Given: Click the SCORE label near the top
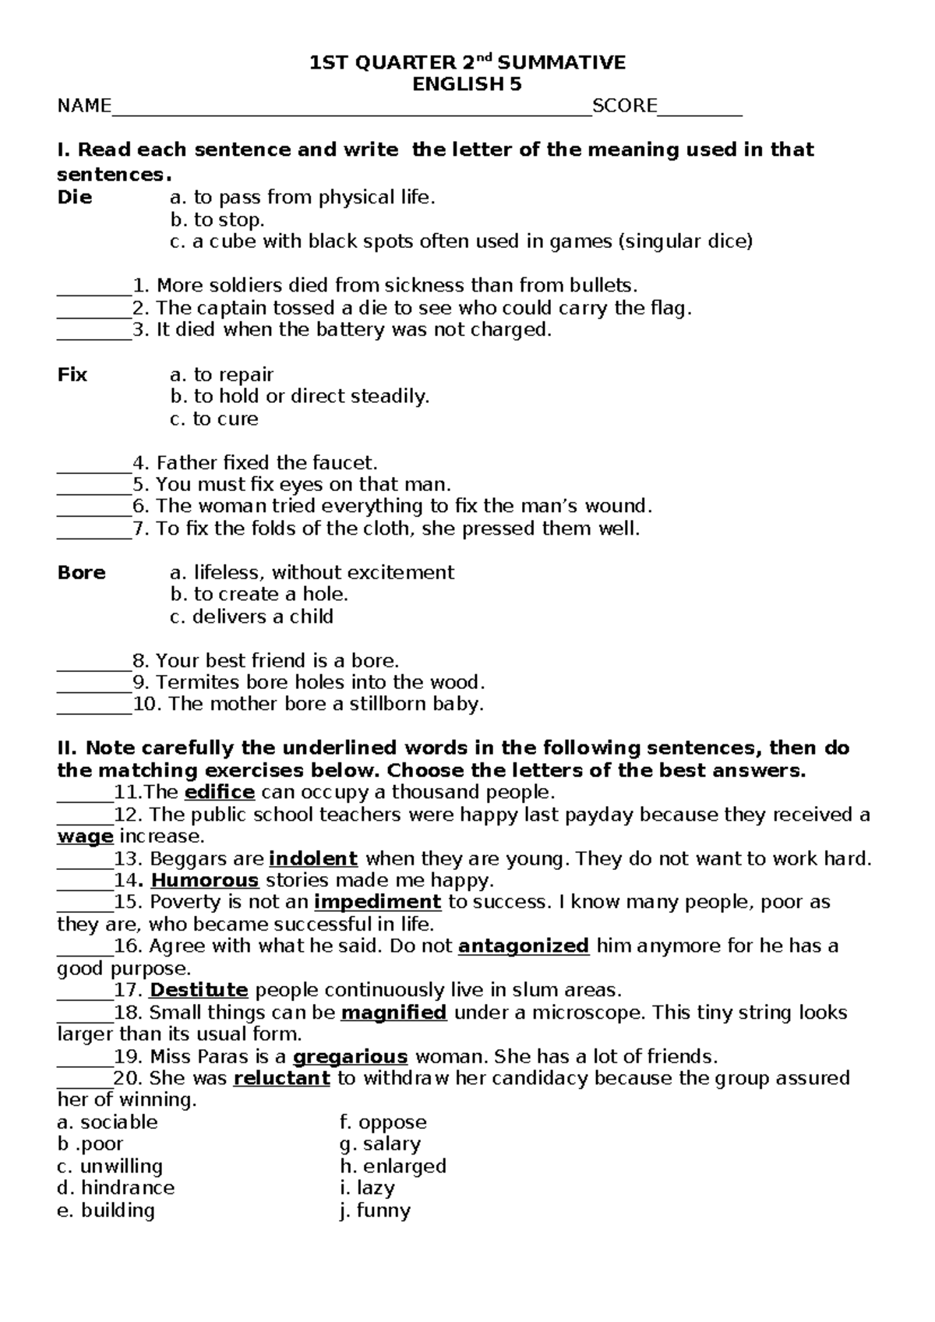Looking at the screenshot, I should click(624, 106).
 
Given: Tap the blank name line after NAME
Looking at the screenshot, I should click(351, 109).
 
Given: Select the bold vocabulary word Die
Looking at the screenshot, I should click(75, 198).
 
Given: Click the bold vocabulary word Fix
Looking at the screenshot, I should click(72, 375).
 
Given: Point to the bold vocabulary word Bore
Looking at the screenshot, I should click(81, 573).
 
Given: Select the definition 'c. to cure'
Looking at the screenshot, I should click(214, 419).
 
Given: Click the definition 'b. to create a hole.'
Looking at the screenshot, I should click(259, 595).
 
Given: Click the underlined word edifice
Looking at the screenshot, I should click(219, 793).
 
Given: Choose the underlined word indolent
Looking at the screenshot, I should click(312, 859).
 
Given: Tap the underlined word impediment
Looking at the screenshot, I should click(377, 903).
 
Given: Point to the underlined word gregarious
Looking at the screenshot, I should click(350, 1058).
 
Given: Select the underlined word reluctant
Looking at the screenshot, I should click(281, 1079).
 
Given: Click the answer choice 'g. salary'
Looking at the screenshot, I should click(380, 1144).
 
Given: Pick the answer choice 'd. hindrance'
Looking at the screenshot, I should click(116, 1188).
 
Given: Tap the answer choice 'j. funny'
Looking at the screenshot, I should click(375, 1211).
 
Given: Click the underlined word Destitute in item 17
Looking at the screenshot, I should click(199, 991).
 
